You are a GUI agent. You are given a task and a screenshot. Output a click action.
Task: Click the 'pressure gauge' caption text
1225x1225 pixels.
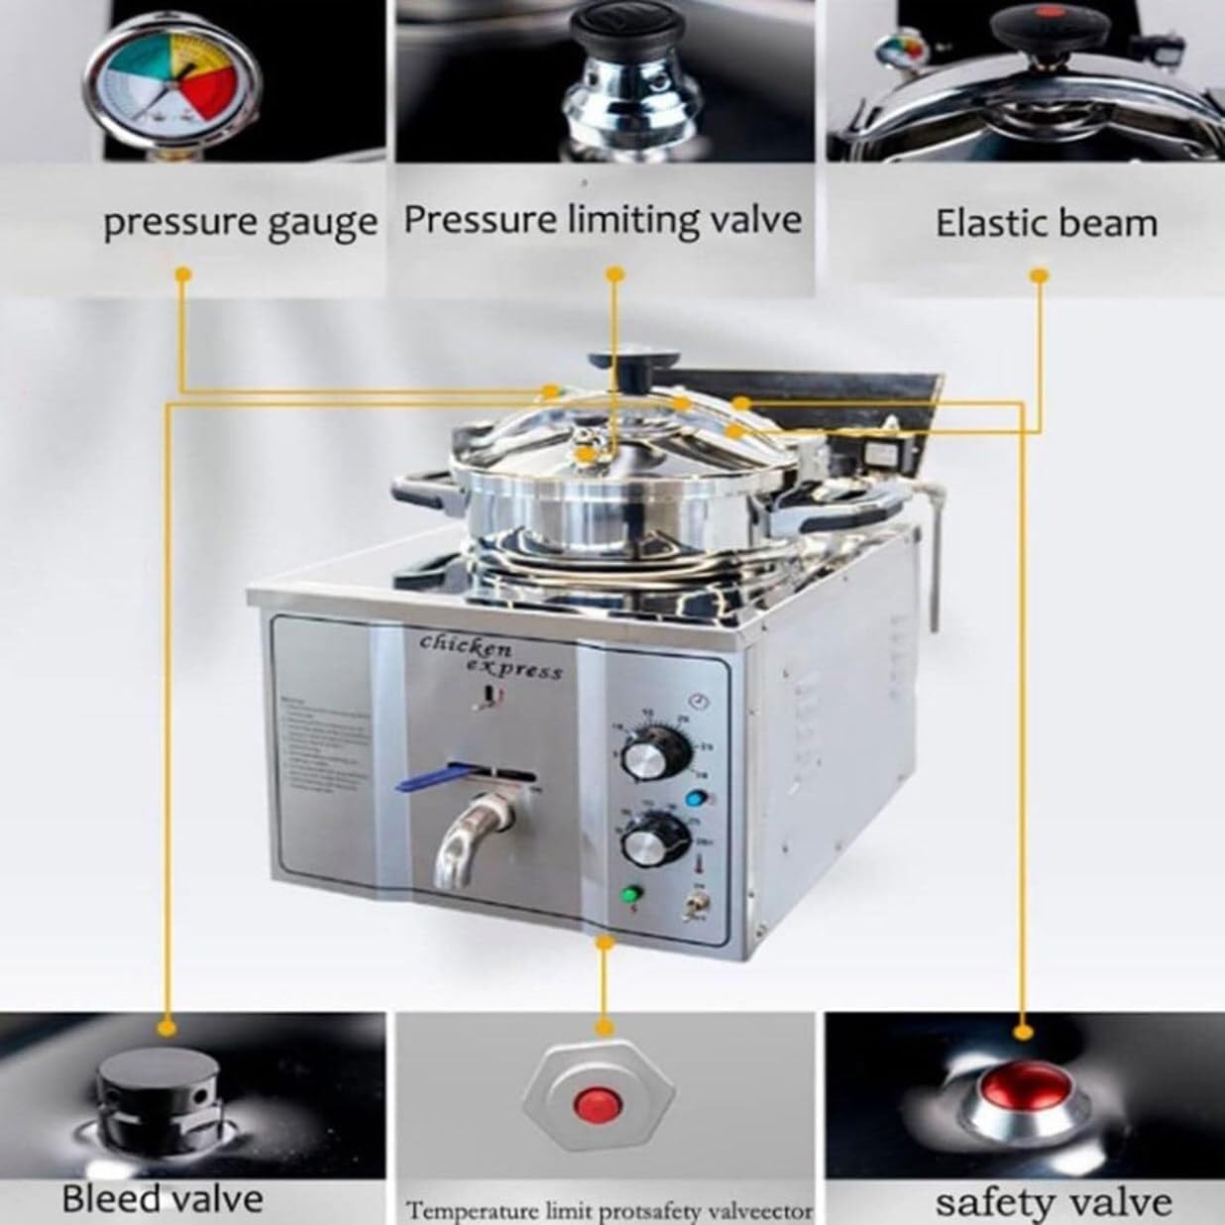pos(240,222)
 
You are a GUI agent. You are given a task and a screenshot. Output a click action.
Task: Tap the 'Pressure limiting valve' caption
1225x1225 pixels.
pos(603,219)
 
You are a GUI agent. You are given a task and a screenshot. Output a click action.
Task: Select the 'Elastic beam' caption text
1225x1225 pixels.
pos(1046,223)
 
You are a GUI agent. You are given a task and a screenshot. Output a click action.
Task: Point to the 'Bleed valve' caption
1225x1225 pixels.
pos(163,1198)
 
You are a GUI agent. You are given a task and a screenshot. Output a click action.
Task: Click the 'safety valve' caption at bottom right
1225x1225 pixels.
pos(1053,1202)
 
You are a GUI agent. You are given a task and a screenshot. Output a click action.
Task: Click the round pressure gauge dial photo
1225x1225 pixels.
pos(173,83)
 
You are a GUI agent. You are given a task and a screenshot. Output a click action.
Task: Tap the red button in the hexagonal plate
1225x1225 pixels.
pos(595,1102)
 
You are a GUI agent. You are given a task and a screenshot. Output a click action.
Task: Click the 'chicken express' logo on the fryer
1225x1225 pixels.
pos(490,658)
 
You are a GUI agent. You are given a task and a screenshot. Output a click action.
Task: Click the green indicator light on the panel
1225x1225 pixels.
pos(629,895)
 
